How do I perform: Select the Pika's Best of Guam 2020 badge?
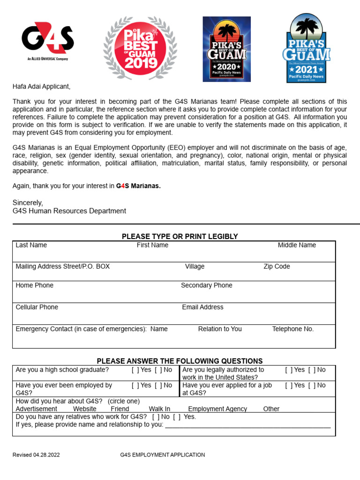click(226, 49)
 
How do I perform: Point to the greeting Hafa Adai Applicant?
click(41, 87)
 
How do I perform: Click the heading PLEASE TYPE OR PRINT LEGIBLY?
click(180, 237)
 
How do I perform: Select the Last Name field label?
click(31, 245)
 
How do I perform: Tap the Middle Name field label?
click(297, 245)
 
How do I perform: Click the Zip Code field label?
click(277, 267)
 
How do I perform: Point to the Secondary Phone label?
click(206, 285)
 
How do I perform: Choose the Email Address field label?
click(202, 307)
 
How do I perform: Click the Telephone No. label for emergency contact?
click(292, 329)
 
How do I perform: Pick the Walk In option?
click(159, 409)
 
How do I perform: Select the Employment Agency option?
click(217, 409)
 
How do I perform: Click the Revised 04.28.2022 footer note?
click(36, 455)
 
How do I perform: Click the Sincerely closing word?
click(28, 203)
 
